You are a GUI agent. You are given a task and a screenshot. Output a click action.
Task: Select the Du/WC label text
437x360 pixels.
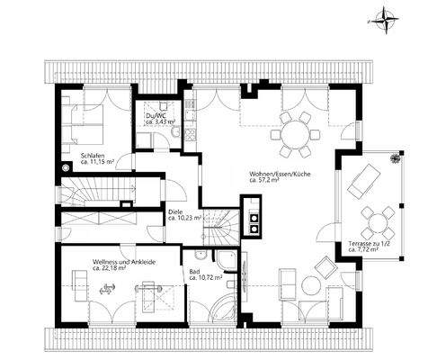(x=154, y=115)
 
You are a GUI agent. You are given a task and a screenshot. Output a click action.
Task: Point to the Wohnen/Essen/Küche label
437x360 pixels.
(x=277, y=172)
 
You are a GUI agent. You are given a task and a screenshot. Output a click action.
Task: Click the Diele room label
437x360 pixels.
(x=176, y=212)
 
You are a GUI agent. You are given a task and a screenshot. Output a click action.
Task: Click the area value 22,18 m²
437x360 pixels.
(x=109, y=268)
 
